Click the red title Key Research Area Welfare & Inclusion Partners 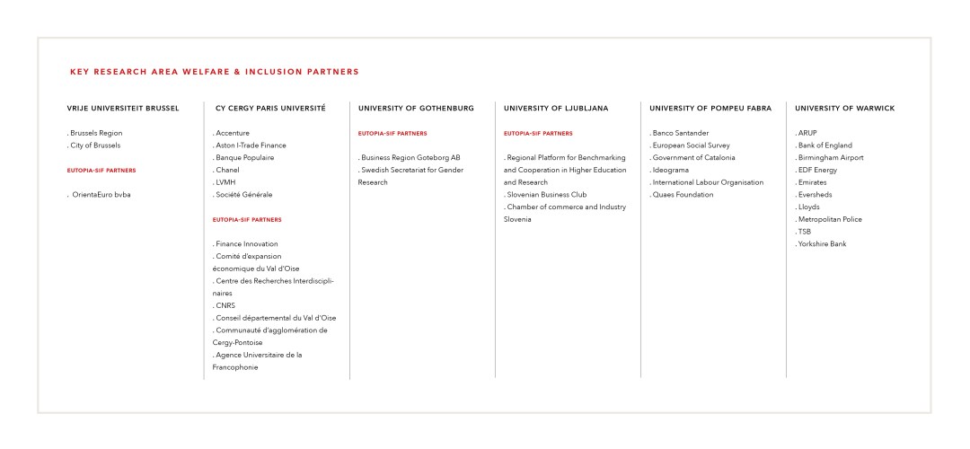pyautogui.click(x=214, y=72)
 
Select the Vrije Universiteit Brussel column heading pyautogui.click(x=123, y=109)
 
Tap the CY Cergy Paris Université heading pyautogui.click(x=270, y=109)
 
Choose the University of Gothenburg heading pyautogui.click(x=416, y=109)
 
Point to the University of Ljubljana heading pyautogui.click(x=556, y=109)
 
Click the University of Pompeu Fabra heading pyautogui.click(x=710, y=109)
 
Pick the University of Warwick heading pyautogui.click(x=844, y=109)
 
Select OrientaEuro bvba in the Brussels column pyautogui.click(x=101, y=195)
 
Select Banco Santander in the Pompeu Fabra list pyautogui.click(x=680, y=133)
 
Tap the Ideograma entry pyautogui.click(x=671, y=170)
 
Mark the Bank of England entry pyautogui.click(x=824, y=145)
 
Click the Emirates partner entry pyautogui.click(x=812, y=182)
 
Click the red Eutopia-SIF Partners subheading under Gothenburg pyautogui.click(x=392, y=133)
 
